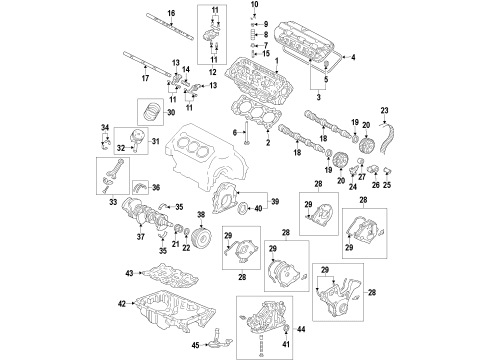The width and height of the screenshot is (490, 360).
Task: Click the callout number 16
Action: (171, 11)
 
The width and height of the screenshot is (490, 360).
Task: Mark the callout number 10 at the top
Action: (252, 6)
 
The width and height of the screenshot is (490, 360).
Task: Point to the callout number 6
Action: (236, 132)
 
